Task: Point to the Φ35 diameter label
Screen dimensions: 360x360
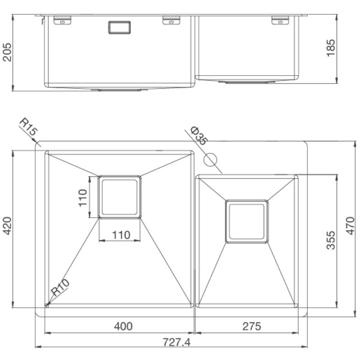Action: coord(198,135)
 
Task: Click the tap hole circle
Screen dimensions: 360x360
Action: coord(210,159)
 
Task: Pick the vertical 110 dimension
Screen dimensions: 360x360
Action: coord(82,197)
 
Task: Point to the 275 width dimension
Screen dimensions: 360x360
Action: coord(251,326)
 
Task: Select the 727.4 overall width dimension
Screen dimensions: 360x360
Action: coord(177,342)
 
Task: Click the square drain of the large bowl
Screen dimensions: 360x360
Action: coord(119,197)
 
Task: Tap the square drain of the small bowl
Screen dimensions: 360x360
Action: coord(247,221)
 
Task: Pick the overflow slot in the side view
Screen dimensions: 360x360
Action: coord(119,27)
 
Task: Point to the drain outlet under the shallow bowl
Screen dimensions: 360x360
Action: coord(246,82)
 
